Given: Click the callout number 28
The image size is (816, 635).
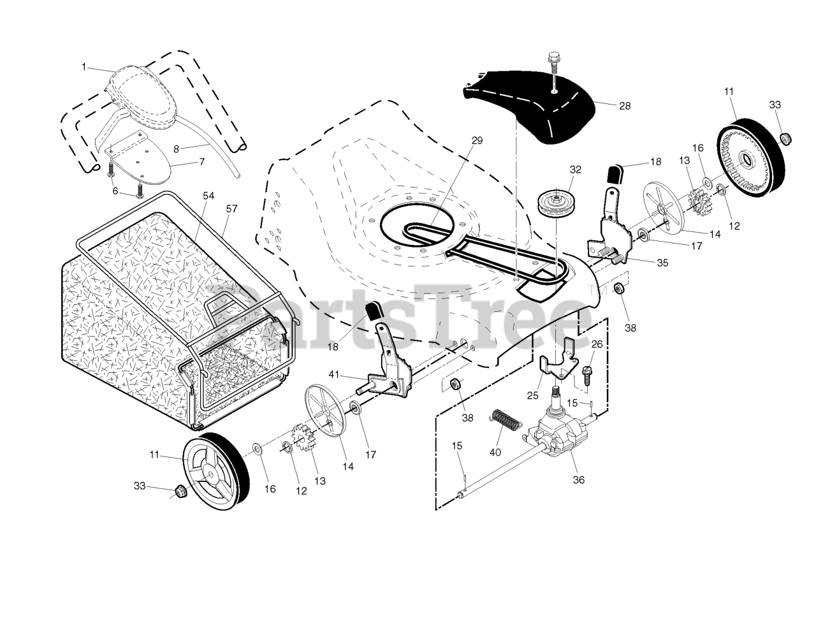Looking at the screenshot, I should click(625, 106).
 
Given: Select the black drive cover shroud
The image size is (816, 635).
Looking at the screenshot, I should click(529, 102).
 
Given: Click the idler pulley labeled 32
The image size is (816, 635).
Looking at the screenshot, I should click(554, 203).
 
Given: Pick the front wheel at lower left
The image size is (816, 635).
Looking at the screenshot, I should click(212, 467).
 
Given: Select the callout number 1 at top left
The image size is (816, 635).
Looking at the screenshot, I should click(84, 67).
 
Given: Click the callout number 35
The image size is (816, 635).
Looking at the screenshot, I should click(662, 263).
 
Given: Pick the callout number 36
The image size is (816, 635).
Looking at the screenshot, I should click(579, 480).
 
